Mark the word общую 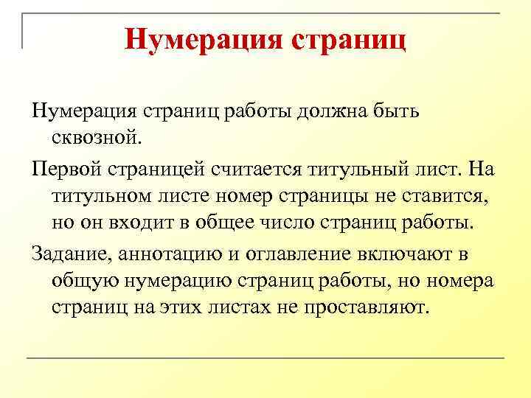click(x=88, y=281)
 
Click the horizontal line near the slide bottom click(x=265, y=358)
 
